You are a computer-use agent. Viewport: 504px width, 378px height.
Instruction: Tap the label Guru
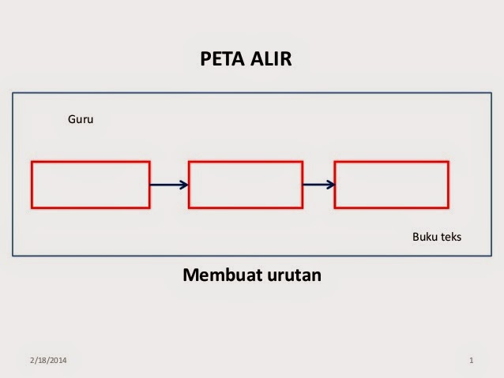tap(81, 121)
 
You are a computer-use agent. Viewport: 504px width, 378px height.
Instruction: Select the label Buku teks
tap(437, 236)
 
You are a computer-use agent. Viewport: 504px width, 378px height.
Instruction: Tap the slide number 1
tap(471, 361)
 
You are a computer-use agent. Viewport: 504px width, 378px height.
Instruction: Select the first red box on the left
tap(90, 185)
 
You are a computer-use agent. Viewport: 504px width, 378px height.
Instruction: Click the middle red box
tap(245, 185)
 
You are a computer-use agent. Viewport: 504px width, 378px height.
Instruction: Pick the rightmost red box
tap(391, 185)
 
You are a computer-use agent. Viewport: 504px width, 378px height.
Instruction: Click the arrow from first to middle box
tap(168, 185)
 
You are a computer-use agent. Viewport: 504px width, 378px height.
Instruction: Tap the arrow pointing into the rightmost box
tap(318, 185)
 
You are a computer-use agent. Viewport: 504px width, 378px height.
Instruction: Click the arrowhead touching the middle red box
tap(184, 185)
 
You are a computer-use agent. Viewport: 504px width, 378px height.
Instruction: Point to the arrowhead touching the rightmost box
tap(330, 185)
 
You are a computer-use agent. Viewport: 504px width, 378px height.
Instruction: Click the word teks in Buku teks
tap(450, 236)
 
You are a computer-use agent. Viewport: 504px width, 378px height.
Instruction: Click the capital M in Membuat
tap(190, 275)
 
